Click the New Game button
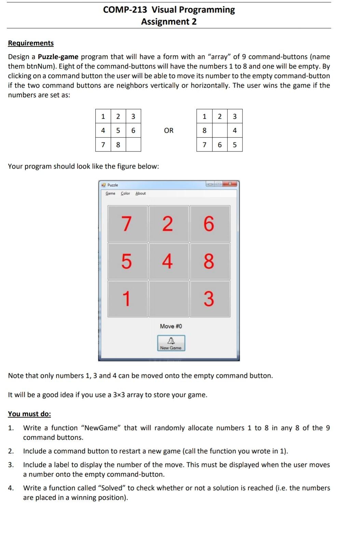(x=171, y=343)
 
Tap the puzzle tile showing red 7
(x=127, y=224)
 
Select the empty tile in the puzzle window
(x=169, y=299)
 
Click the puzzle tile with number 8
(x=210, y=261)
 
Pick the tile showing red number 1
(x=127, y=299)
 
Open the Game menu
(x=110, y=193)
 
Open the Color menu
(x=125, y=193)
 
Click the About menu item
(x=140, y=193)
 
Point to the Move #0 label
(x=171, y=326)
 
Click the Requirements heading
(x=31, y=43)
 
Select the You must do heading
(x=29, y=414)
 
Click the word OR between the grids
(x=169, y=130)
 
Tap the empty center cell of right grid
(x=220, y=130)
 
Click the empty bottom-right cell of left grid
(x=133, y=145)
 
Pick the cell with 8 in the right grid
(x=204, y=130)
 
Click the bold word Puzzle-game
(x=58, y=57)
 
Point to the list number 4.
(x=11, y=488)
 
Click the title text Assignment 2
(x=169, y=22)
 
